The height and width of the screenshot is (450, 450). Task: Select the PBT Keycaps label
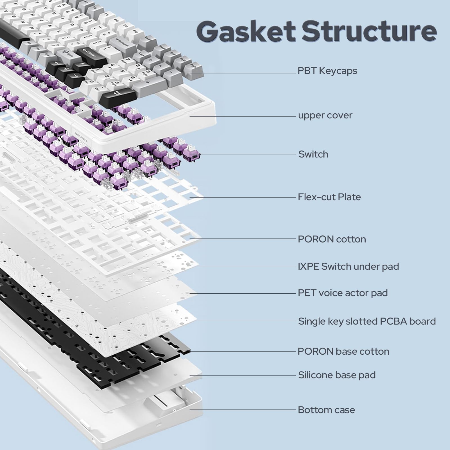(x=327, y=71)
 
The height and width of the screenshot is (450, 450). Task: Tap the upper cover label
(x=325, y=115)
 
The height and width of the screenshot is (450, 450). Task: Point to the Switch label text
(x=313, y=154)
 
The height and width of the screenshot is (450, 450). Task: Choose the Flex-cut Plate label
(x=329, y=197)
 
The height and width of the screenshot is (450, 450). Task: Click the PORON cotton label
(x=332, y=239)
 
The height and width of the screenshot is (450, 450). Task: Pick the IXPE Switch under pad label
(x=348, y=266)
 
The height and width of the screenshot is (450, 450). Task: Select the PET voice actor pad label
(x=343, y=293)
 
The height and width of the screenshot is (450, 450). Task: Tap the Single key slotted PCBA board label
(x=367, y=321)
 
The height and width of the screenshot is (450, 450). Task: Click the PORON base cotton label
(x=343, y=351)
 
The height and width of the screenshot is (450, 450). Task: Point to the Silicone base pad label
(x=337, y=375)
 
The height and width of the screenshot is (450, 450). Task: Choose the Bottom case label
(x=326, y=410)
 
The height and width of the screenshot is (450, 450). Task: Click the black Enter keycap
(x=88, y=53)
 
